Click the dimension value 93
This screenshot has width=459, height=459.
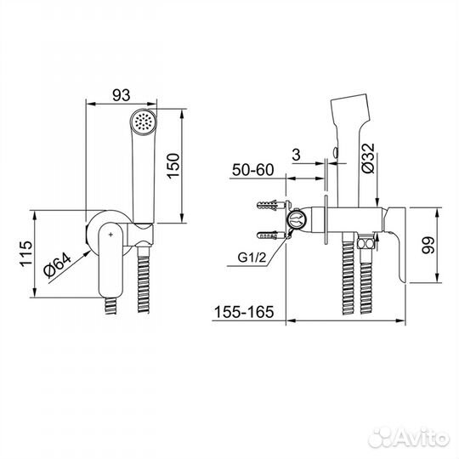pyautogui.click(x=122, y=95)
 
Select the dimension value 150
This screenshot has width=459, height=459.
pyautogui.click(x=173, y=166)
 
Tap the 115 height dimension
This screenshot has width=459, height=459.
pyautogui.click(x=26, y=253)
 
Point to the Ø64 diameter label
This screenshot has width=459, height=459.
pyautogui.click(x=58, y=265)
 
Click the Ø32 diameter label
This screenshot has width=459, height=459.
pyautogui.click(x=368, y=158)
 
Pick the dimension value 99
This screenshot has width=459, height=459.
pyautogui.click(x=428, y=245)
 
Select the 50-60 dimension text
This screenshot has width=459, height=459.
pyautogui.click(x=253, y=170)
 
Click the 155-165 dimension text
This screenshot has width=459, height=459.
pyautogui.click(x=244, y=312)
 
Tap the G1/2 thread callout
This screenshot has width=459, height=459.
pyautogui.click(x=252, y=258)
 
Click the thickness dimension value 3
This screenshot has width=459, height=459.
pyautogui.click(x=297, y=155)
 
